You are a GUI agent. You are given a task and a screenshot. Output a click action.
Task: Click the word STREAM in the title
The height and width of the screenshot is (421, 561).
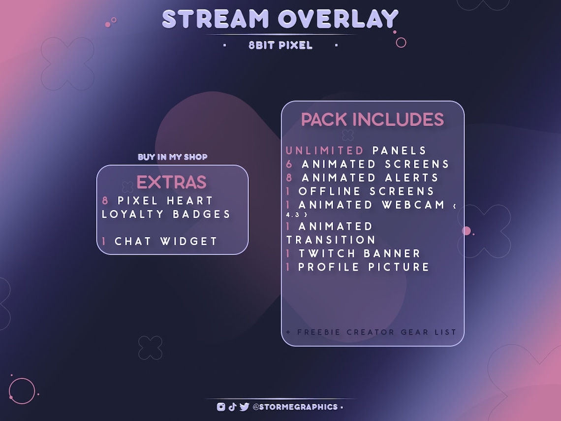216,19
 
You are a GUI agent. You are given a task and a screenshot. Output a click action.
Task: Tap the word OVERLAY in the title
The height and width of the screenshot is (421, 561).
338,19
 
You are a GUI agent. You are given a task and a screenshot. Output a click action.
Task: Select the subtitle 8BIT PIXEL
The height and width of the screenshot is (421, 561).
280,45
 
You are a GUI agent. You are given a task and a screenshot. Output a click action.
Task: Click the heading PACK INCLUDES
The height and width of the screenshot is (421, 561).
373,120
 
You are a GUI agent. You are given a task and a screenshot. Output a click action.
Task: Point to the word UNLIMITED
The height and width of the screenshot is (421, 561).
325,151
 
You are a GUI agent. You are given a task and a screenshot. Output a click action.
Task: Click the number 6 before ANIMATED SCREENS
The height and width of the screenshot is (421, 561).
289,164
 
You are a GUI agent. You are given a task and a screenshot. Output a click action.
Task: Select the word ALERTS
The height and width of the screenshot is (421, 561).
412,178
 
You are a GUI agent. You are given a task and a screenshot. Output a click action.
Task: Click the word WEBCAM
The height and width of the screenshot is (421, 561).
414,205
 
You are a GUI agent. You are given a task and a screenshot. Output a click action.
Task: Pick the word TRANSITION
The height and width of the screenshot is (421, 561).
331,240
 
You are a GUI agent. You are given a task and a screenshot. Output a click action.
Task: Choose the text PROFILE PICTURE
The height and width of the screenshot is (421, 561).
364,267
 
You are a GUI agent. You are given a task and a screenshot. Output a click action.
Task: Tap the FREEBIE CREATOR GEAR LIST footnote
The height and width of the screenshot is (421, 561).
372,332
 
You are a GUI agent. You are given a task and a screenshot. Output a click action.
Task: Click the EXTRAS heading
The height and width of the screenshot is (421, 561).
171,182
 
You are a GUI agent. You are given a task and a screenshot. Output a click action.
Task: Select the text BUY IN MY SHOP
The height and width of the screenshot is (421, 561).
173,157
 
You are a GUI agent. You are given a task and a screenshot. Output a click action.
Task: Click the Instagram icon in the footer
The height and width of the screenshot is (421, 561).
221,407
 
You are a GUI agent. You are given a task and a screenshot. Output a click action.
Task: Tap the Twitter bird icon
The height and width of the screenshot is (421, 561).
245,407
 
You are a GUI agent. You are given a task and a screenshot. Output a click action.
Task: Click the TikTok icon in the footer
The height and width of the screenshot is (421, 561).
233,407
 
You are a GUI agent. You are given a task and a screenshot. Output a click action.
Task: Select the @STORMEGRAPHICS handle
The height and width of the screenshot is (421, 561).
295,407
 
